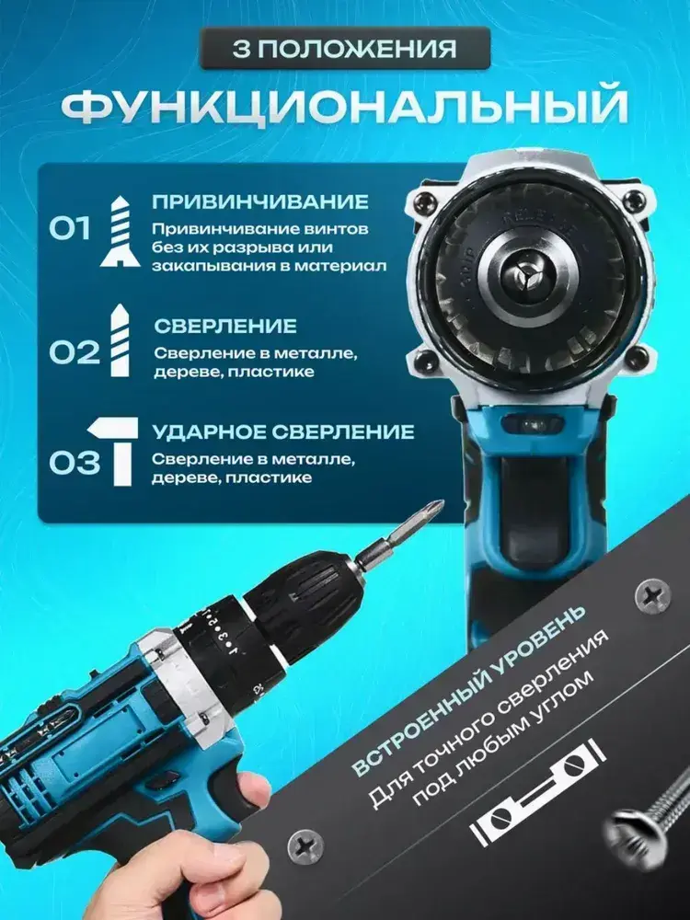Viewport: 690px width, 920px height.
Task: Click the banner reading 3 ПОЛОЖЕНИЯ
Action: coord(345,48)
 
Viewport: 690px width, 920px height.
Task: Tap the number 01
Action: coord(70,228)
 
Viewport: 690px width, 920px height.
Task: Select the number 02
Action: coord(74,352)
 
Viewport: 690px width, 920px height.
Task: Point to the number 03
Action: coord(74,464)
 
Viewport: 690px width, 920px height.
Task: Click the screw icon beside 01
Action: coord(121,231)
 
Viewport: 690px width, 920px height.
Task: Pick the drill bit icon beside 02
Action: coord(120,340)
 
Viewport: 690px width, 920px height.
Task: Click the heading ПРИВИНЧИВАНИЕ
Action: coord(260,201)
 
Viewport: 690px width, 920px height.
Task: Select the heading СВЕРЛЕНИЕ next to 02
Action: coord(225,327)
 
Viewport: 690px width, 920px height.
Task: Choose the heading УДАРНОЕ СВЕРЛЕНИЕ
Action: coord(283,431)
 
